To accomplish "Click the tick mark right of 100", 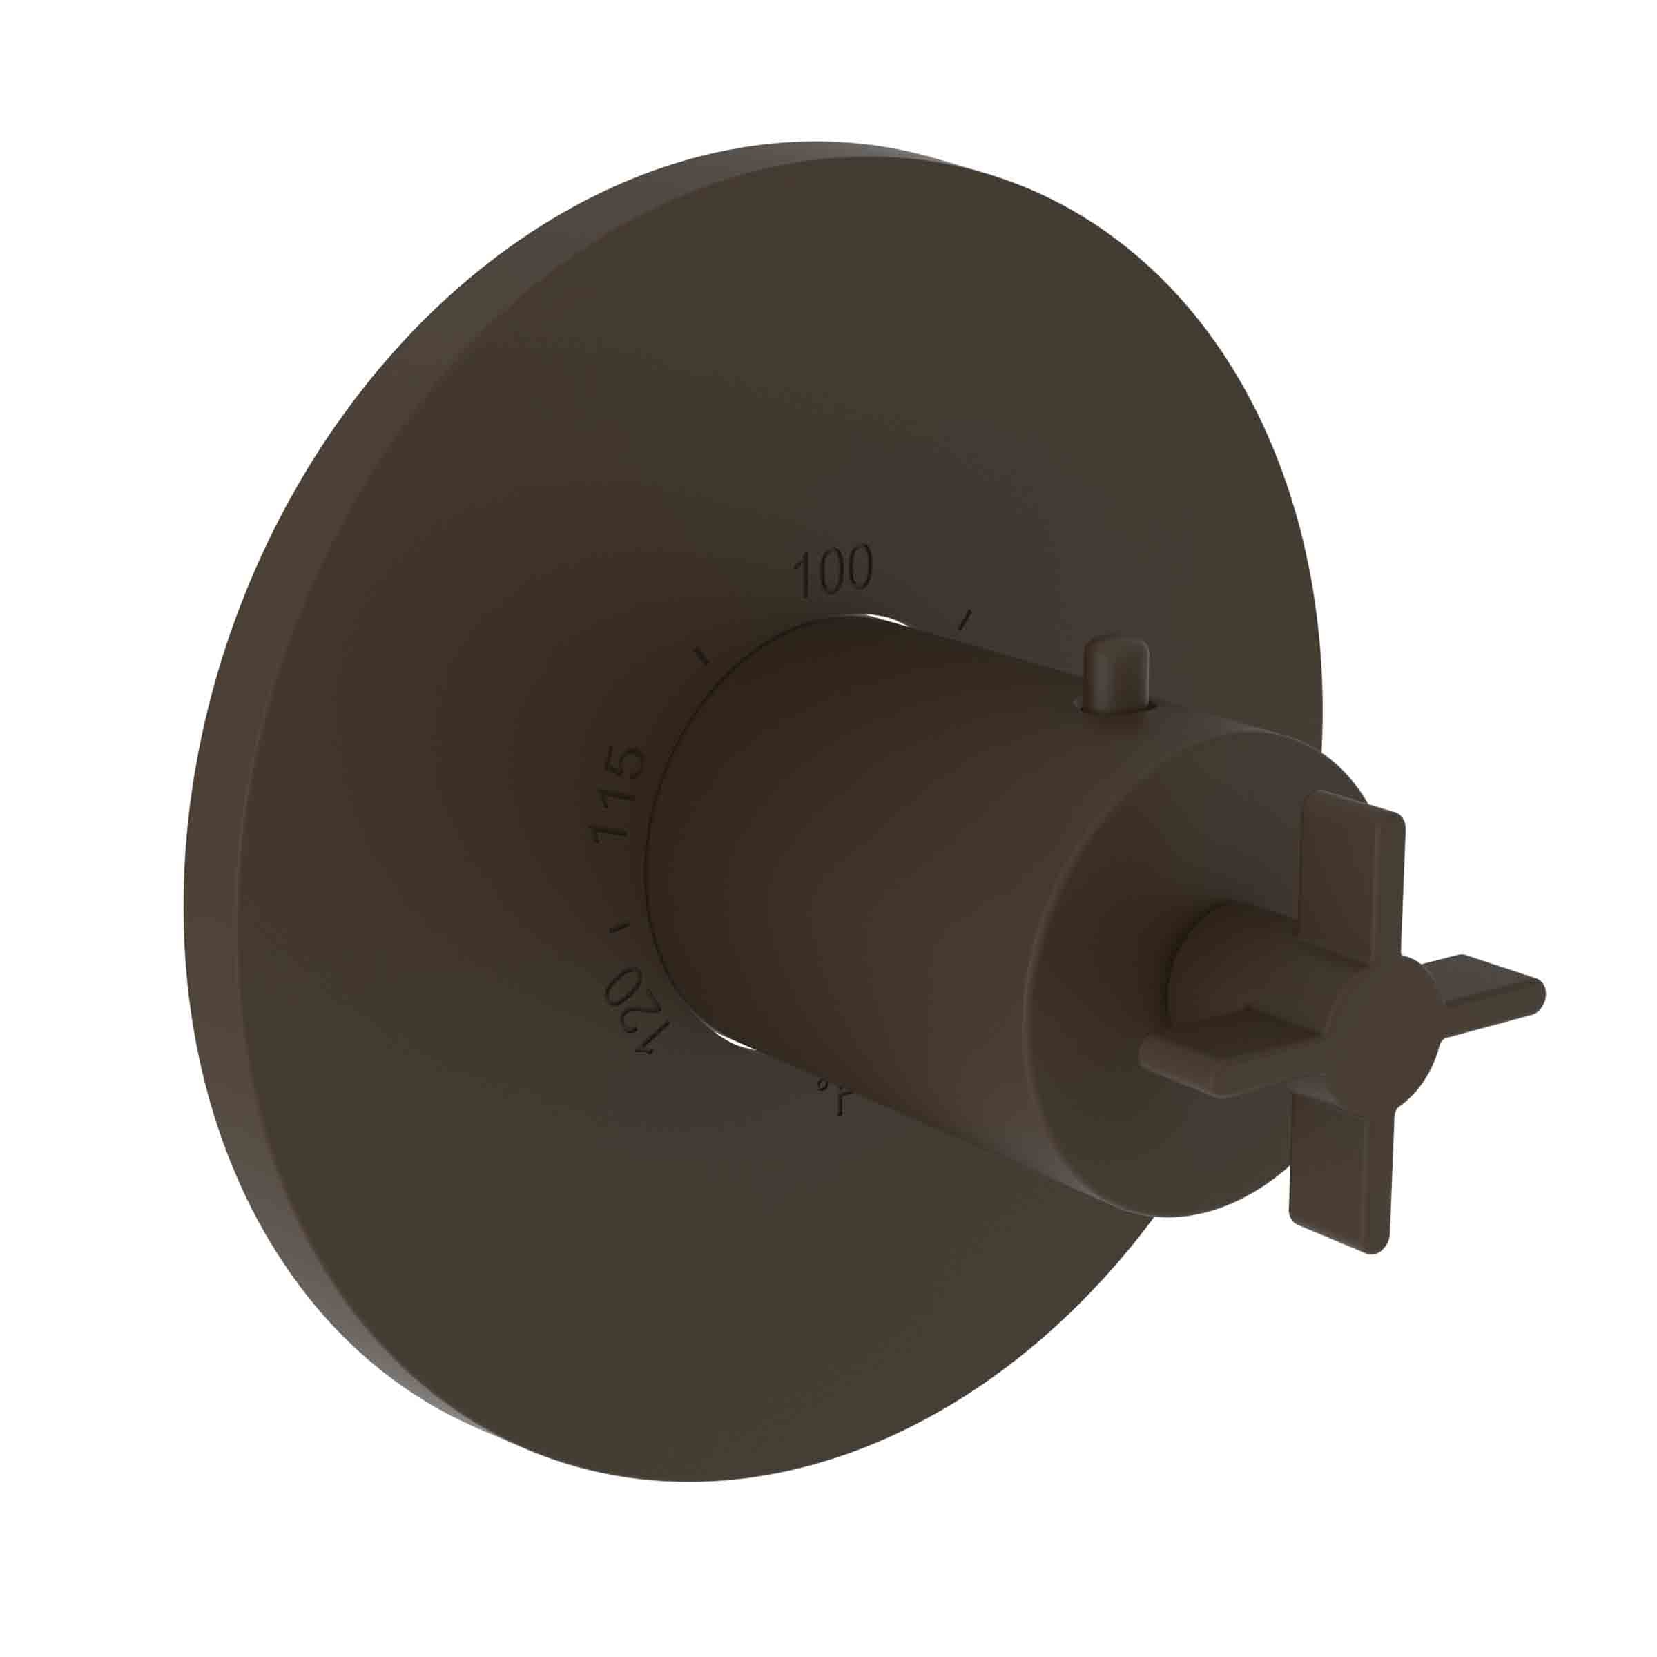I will [x=966, y=619].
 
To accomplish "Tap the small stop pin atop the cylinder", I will [x=1116, y=674].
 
